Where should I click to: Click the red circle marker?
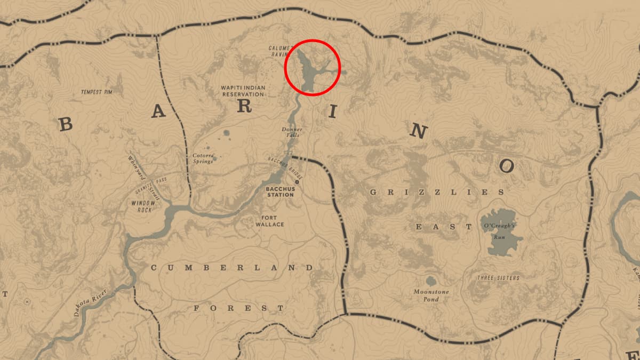[312, 68]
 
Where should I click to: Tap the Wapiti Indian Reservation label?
[243, 90]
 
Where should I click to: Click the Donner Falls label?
[292, 132]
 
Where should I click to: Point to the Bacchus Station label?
[281, 191]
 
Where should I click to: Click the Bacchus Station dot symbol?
[297, 182]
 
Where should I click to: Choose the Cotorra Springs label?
[203, 158]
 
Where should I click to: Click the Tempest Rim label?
[97, 92]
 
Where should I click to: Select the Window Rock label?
[143, 206]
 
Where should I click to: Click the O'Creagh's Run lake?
[501, 233]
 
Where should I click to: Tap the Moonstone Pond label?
[431, 295]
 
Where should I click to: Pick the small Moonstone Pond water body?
[431, 280]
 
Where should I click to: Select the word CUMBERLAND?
[231, 268]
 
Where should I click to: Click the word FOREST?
[238, 308]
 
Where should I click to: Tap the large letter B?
[65, 125]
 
